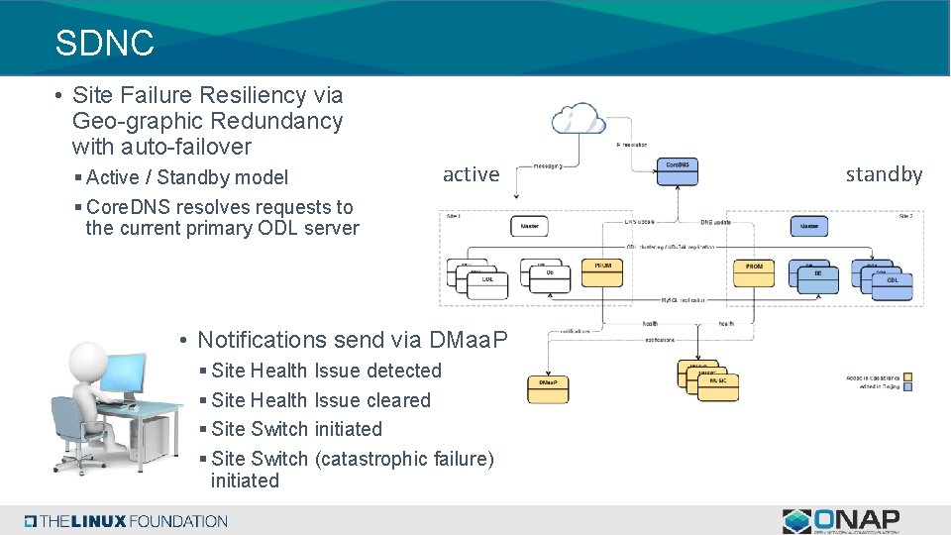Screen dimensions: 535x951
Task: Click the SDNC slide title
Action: click(x=105, y=43)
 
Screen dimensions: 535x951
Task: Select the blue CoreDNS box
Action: click(x=678, y=170)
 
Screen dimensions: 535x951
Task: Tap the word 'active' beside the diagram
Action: click(x=471, y=174)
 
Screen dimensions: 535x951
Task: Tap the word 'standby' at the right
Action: click(x=884, y=174)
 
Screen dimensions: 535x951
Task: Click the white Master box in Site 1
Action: click(x=529, y=226)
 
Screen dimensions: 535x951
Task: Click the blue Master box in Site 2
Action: click(x=809, y=226)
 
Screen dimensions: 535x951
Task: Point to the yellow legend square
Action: click(x=908, y=375)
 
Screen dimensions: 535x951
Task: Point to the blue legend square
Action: click(x=908, y=386)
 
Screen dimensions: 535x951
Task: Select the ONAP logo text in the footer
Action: click(x=857, y=519)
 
